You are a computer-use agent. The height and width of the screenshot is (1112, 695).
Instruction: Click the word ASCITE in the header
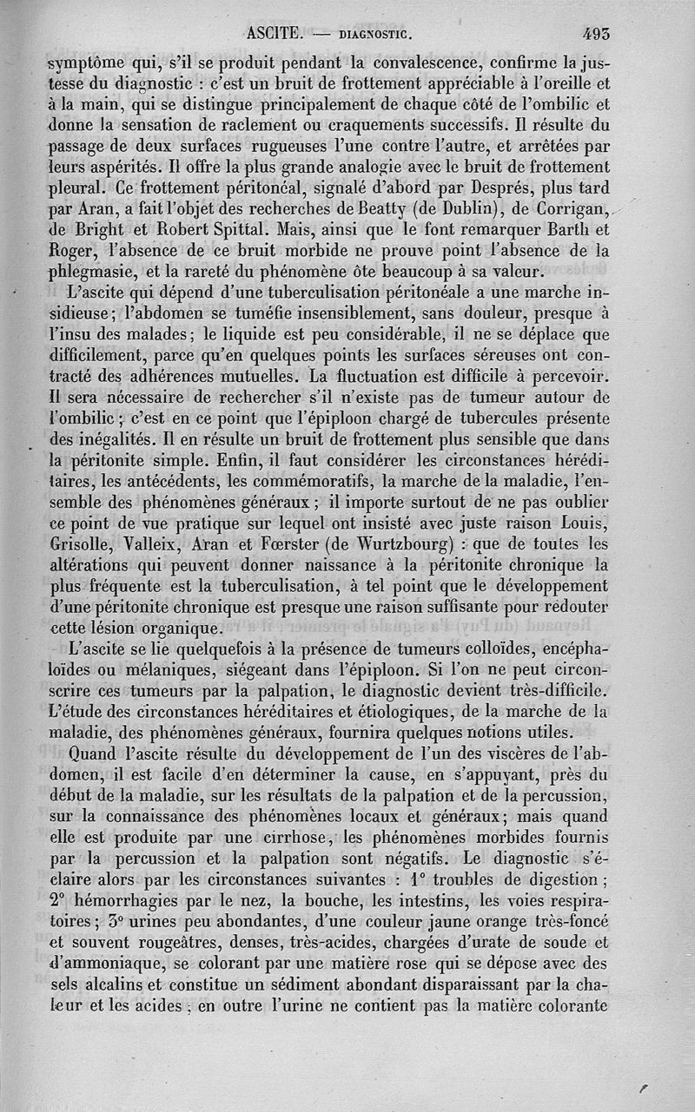point(273,35)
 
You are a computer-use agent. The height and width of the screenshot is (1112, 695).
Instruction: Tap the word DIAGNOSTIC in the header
point(374,36)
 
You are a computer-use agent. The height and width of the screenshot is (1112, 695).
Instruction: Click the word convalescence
point(425,63)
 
